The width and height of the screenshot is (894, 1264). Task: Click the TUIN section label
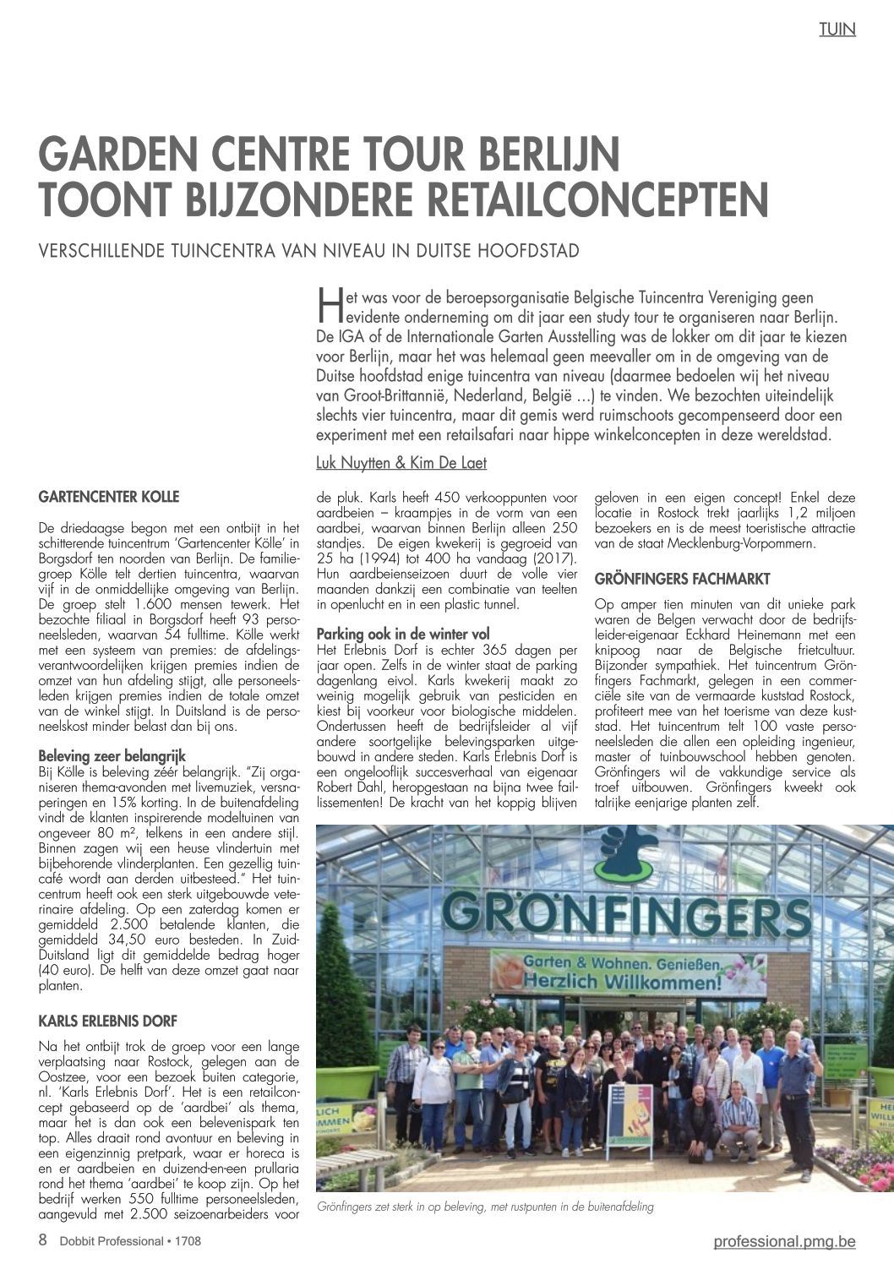point(837,30)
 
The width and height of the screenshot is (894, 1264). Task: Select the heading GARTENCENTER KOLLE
point(109,496)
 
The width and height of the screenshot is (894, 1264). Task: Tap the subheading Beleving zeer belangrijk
point(112,755)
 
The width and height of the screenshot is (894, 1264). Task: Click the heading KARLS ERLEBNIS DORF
point(108,1021)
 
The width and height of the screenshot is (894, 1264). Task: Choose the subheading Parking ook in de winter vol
point(402,634)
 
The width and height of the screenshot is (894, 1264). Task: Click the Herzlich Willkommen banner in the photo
point(623,974)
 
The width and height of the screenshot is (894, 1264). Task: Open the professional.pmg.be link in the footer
point(783,1241)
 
